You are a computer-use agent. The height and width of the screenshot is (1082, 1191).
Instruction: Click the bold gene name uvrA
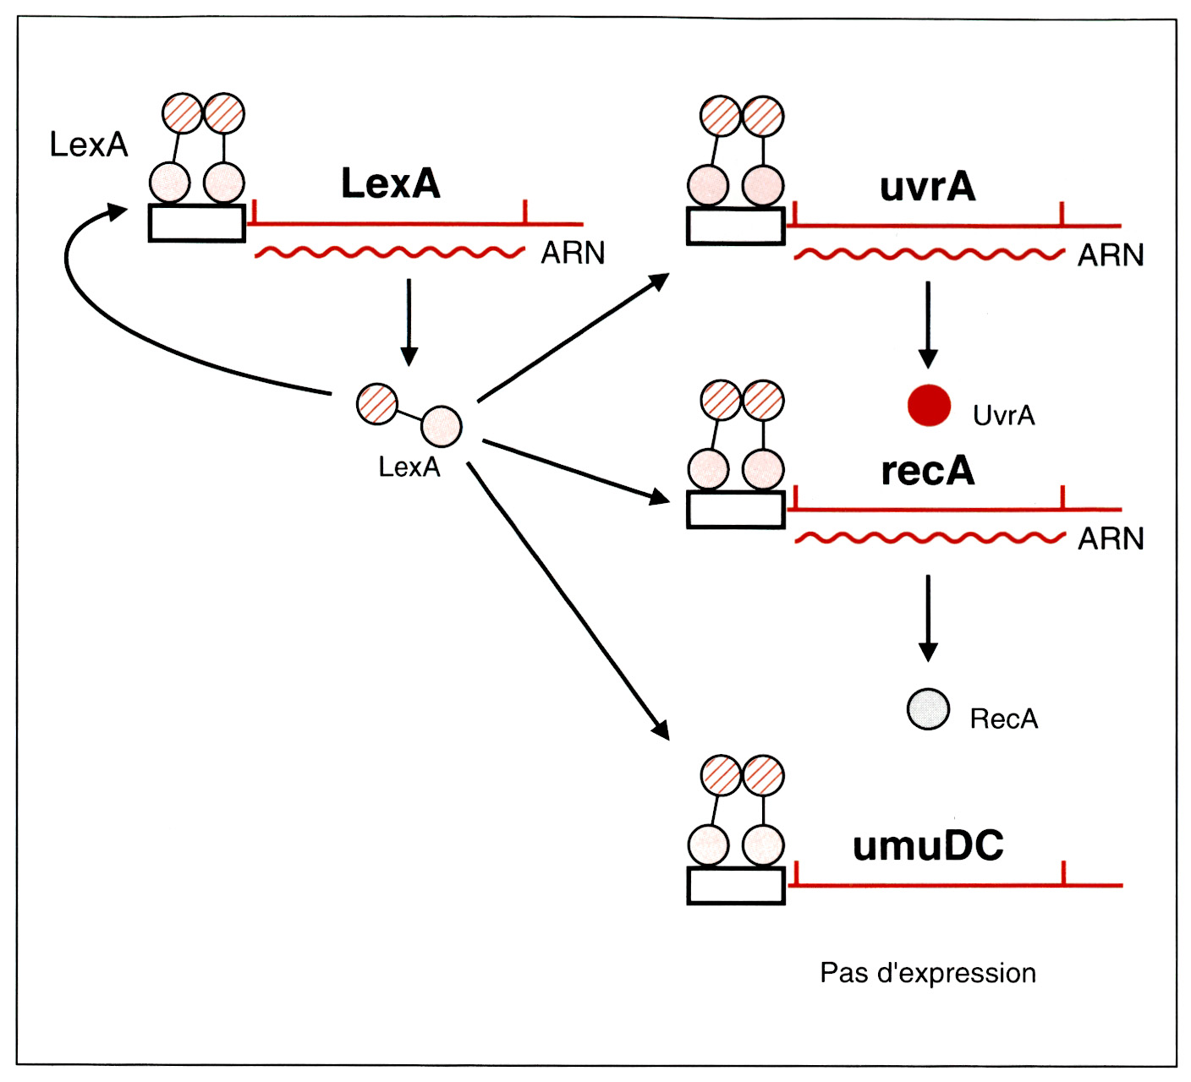coord(928,187)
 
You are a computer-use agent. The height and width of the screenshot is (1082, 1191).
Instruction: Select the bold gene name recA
coord(928,472)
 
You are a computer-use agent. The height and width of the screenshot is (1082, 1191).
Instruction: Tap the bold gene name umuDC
coord(928,846)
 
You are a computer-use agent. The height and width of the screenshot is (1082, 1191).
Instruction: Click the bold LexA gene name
coord(391,183)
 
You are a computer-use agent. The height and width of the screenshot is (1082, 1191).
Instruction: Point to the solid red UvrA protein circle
coord(929,406)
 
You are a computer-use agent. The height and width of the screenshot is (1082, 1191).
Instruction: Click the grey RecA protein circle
coord(928,709)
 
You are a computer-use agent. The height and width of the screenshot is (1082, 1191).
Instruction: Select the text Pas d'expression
coord(928,973)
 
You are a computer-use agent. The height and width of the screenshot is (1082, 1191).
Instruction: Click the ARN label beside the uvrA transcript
coord(1110,255)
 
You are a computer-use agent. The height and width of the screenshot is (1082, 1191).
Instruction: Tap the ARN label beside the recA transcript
coord(1110,538)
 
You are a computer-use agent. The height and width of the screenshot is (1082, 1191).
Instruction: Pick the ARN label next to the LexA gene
coord(573,253)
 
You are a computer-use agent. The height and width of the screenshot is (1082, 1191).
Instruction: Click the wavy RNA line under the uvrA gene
coord(928,254)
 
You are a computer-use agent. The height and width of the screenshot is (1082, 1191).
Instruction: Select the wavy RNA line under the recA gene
coord(928,538)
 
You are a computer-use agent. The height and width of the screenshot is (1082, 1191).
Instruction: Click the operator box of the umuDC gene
coord(736,885)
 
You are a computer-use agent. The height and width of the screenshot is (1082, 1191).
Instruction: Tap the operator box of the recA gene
coord(736,510)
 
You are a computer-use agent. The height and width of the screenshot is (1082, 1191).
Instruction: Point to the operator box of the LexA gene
coord(197,223)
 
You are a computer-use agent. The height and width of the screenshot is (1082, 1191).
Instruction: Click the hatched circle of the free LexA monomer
coord(377,404)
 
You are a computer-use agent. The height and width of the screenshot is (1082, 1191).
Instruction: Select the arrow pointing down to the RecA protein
coord(928,617)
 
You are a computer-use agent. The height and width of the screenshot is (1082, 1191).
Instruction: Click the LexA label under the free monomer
coord(409,467)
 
